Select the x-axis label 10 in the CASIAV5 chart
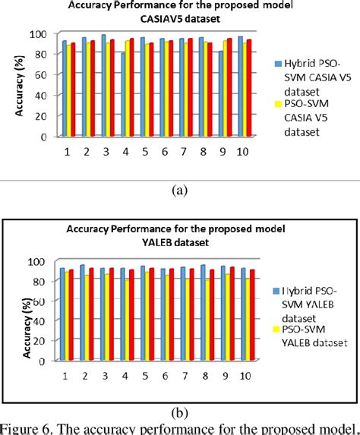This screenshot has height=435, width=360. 244,151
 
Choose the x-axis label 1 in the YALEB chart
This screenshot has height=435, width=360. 67,375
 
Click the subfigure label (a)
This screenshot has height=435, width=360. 179,191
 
